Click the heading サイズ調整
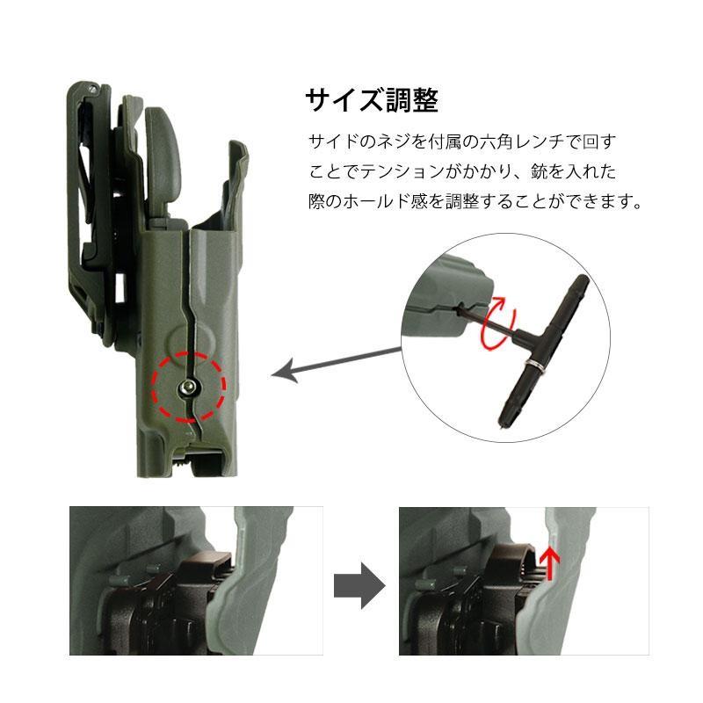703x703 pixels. pos(371,100)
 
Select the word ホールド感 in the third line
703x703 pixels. pos(391,201)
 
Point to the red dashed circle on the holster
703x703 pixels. pos(186,386)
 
